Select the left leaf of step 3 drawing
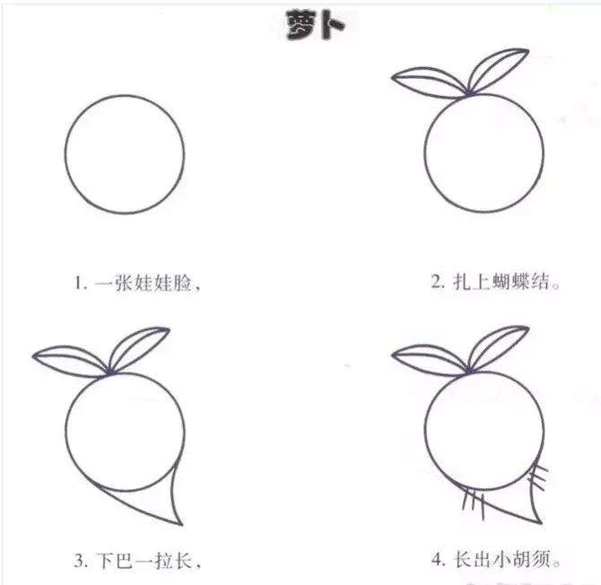[70, 361]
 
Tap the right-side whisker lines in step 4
[538, 475]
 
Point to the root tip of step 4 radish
[537, 520]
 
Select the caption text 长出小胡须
[508, 561]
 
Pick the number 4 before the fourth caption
[437, 562]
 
